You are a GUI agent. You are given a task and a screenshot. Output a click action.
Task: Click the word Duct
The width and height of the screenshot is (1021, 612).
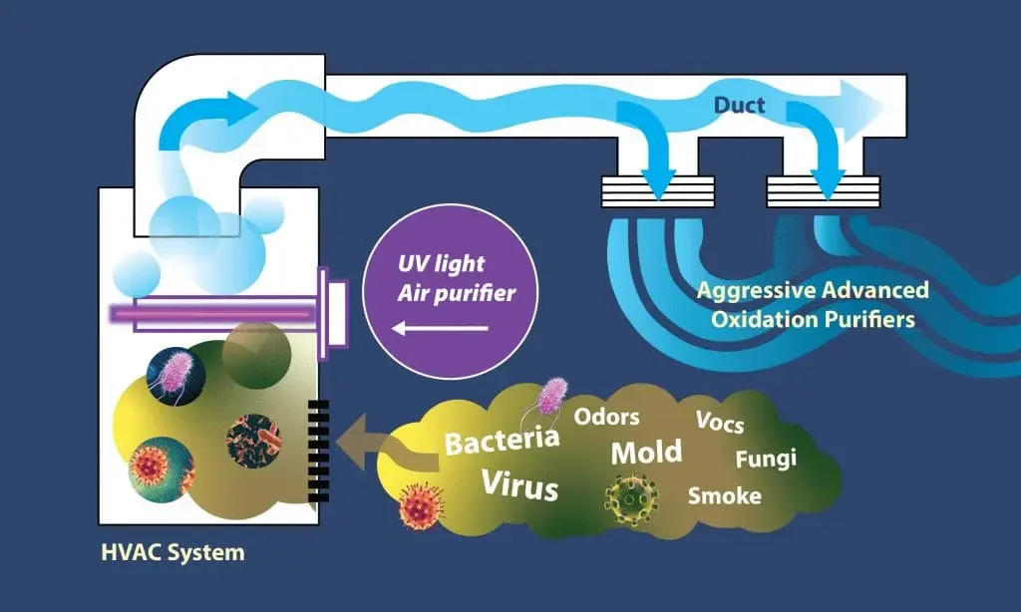[739, 104]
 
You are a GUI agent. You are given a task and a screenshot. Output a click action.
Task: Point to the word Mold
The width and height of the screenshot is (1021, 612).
[646, 451]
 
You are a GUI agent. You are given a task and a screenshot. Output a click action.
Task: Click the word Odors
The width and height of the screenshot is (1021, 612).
[606, 416]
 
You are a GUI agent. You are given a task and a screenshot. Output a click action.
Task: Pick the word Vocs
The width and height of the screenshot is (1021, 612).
[720, 422]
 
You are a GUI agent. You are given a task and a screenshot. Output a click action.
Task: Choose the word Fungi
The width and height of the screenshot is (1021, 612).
[765, 459]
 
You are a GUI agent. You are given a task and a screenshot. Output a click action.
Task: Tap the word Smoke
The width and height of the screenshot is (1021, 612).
[725, 494]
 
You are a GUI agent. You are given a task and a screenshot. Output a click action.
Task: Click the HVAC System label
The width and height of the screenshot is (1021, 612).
[172, 550]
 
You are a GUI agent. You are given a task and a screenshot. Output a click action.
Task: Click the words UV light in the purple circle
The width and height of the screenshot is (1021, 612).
[441, 265]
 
